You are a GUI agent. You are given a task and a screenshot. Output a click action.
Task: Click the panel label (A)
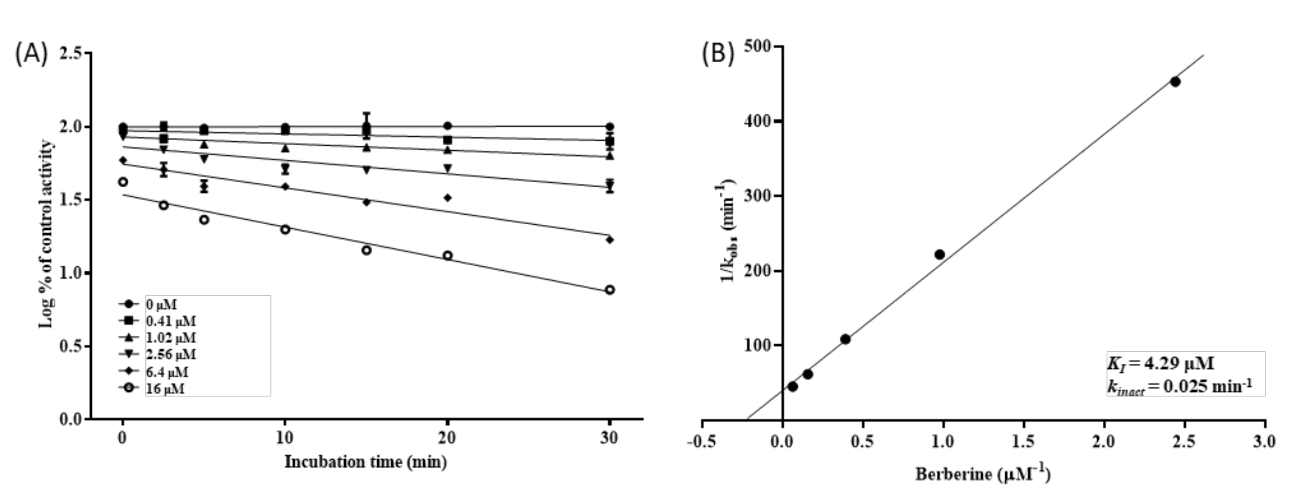32,54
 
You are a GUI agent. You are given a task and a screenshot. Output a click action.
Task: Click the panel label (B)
718,53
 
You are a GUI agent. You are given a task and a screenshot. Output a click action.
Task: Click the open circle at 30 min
610,290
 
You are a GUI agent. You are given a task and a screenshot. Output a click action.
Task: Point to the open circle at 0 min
122,182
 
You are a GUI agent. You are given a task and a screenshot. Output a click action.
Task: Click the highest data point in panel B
1175,81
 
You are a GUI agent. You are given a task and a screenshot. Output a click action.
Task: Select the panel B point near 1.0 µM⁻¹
940,254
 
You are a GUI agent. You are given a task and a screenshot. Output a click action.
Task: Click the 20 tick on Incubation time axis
447,438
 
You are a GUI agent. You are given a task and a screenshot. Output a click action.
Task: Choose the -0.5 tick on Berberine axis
701,441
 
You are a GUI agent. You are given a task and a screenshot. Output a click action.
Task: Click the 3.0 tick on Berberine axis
1264,441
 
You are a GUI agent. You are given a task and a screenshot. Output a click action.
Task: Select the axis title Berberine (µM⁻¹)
982,473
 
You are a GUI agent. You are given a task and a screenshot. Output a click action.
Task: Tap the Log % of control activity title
46,234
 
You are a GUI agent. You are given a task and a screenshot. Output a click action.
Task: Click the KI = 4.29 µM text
1160,363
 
